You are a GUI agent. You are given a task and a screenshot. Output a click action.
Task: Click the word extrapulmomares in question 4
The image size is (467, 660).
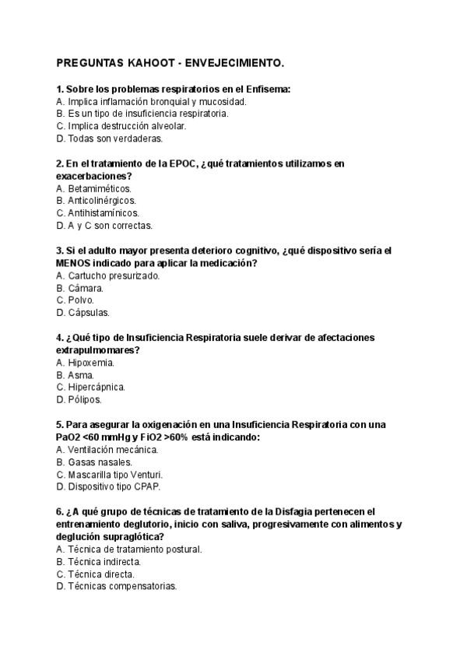[95, 350]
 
